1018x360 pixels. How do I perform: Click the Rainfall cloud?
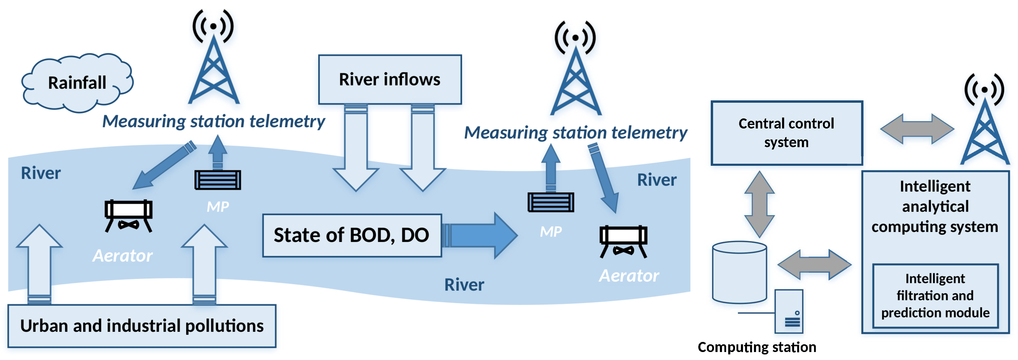coord(77,83)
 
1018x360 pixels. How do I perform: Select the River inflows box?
coord(390,79)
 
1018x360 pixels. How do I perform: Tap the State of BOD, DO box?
coord(352,236)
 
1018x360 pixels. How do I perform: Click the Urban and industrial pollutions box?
coord(142,326)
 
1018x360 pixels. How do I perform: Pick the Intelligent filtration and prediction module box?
coord(935,295)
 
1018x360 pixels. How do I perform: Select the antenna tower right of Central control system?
coord(985,126)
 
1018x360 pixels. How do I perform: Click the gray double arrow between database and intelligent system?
coord(814,264)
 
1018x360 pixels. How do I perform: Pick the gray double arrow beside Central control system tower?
coord(917,129)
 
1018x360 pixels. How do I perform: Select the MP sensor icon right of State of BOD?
coord(551,202)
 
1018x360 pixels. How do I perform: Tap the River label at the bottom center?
coord(464,285)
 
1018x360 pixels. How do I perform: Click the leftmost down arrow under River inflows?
coord(356,150)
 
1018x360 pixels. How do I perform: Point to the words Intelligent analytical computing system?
coord(935,206)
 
